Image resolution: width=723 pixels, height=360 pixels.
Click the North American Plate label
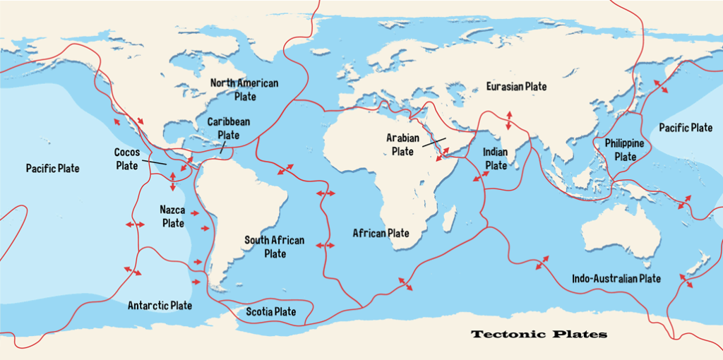[244, 90]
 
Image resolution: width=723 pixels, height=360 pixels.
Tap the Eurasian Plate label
[516, 86]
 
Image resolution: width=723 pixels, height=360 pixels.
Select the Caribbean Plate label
[228, 128]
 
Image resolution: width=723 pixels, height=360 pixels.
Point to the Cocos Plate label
[126, 159]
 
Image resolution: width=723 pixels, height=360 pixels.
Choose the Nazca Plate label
[172, 216]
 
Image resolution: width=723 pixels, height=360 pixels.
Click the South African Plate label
[275, 247]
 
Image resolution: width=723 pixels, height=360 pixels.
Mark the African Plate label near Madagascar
[381, 233]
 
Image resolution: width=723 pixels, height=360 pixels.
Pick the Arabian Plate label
[402, 145]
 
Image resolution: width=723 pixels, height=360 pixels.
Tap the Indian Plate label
[496, 159]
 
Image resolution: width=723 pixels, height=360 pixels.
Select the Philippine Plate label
[625, 150]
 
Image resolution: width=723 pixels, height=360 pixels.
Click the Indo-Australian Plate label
[616, 279]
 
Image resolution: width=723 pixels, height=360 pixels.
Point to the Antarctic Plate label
[160, 306]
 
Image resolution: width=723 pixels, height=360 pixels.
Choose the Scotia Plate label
[270, 311]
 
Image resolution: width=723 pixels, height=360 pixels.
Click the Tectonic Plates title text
[539, 334]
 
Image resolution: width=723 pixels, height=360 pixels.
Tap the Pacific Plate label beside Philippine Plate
[685, 128]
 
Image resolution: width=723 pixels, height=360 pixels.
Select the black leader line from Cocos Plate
[153, 162]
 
